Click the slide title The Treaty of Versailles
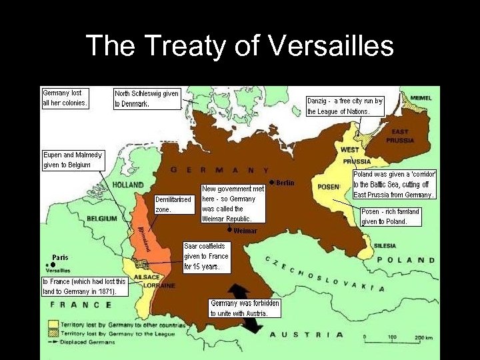(x=240, y=46)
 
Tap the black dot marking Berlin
(x=271, y=182)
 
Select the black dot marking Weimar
(x=230, y=230)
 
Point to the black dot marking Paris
(x=53, y=265)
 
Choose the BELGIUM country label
(x=101, y=219)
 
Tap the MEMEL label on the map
(x=421, y=98)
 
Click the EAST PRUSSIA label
(x=401, y=136)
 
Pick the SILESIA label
(x=385, y=245)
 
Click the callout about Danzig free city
(x=345, y=106)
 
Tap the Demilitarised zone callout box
(x=173, y=204)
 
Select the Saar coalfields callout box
(x=206, y=256)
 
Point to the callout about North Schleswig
(x=147, y=99)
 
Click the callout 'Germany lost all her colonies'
(x=65, y=97)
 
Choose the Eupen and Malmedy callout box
(x=73, y=160)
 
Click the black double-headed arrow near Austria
(x=243, y=309)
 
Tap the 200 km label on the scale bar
(x=424, y=337)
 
